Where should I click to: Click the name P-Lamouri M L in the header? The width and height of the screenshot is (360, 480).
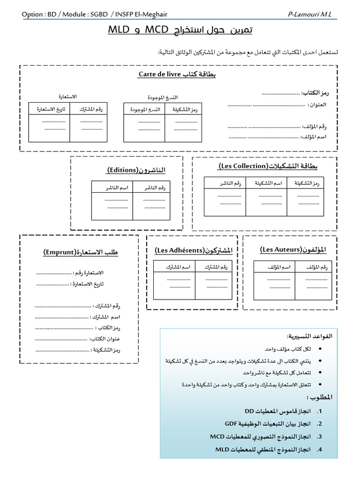point(309,15)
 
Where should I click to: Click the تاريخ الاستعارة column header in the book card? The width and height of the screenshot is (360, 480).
point(48,109)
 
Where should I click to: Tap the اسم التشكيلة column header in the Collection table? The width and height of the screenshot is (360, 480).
point(265,183)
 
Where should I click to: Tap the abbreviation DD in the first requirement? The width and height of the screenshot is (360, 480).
point(249,411)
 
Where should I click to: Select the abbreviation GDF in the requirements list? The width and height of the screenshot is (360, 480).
point(231,424)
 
